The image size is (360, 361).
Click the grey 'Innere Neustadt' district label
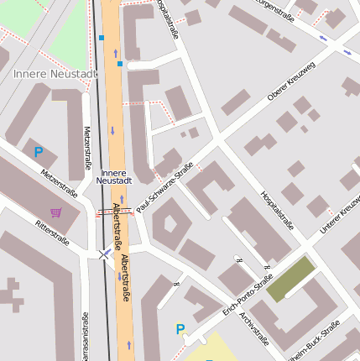[55, 74]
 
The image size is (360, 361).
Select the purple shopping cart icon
[55, 212]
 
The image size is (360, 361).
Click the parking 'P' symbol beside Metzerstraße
[38, 152]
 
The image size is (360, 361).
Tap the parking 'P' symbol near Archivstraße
[180, 329]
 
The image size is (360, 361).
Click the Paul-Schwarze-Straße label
[164, 186]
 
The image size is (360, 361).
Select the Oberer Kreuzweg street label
[290, 83]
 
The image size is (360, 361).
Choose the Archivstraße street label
[253, 328]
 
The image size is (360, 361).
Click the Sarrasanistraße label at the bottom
[85, 336]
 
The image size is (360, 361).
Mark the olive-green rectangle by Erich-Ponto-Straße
[290, 278]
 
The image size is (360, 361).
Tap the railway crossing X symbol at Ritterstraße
[103, 253]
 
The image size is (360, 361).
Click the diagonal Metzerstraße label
[58, 181]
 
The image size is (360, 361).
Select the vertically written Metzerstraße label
[86, 147]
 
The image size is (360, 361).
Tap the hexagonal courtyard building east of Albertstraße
[170, 223]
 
